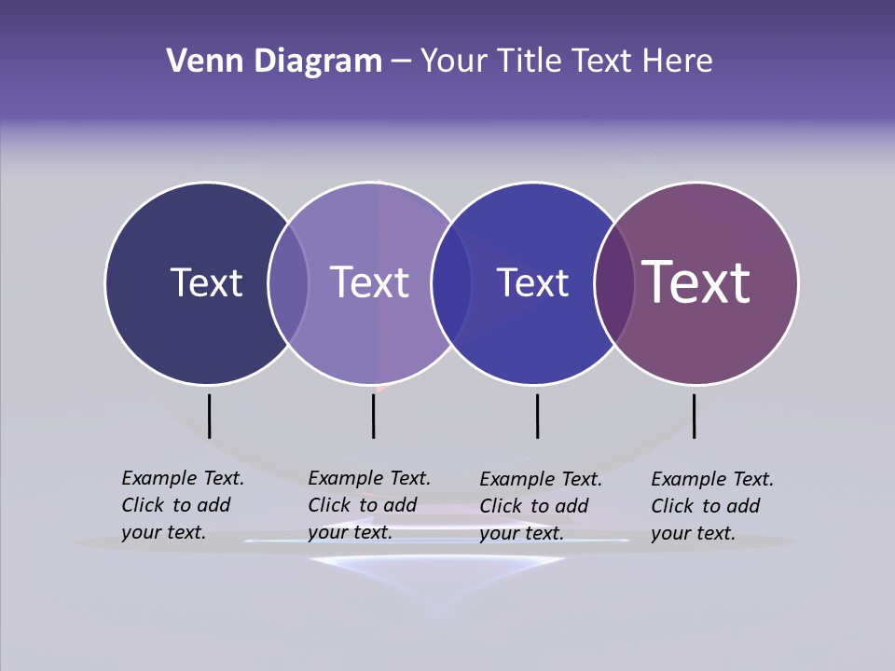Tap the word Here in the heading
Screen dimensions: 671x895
678,62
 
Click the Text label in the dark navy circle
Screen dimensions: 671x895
206,282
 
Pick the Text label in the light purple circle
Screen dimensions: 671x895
370,282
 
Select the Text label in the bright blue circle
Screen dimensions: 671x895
532,282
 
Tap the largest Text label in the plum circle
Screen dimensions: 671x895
696,281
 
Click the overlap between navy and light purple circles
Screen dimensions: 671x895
288,282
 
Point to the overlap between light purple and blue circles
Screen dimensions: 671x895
451,282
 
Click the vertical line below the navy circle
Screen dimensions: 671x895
209,416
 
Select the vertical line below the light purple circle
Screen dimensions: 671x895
373,416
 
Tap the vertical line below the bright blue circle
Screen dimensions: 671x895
537,416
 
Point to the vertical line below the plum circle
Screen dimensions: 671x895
694,416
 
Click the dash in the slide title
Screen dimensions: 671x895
400,62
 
